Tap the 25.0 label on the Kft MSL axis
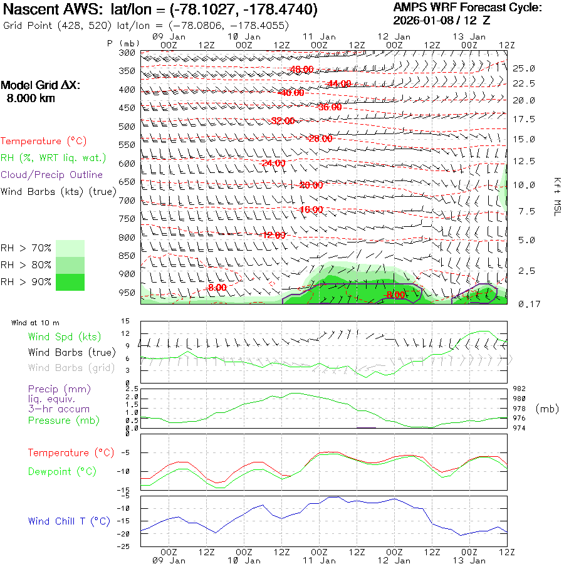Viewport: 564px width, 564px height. point(524,68)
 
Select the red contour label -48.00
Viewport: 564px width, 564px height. point(301,70)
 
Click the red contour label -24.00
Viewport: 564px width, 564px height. point(273,164)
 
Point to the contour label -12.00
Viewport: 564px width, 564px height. point(273,235)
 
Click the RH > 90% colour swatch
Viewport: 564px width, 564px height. point(70,282)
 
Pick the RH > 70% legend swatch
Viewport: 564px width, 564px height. point(70,248)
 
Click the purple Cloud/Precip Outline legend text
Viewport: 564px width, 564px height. point(52,175)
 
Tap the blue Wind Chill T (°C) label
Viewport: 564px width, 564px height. point(69,521)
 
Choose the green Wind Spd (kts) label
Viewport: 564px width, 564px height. point(64,337)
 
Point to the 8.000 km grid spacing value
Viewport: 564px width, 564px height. point(31,98)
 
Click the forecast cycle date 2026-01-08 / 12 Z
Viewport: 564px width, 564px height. point(442,20)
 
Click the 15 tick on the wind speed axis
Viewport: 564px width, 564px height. point(125,321)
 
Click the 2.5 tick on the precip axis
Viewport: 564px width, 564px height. point(125,389)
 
